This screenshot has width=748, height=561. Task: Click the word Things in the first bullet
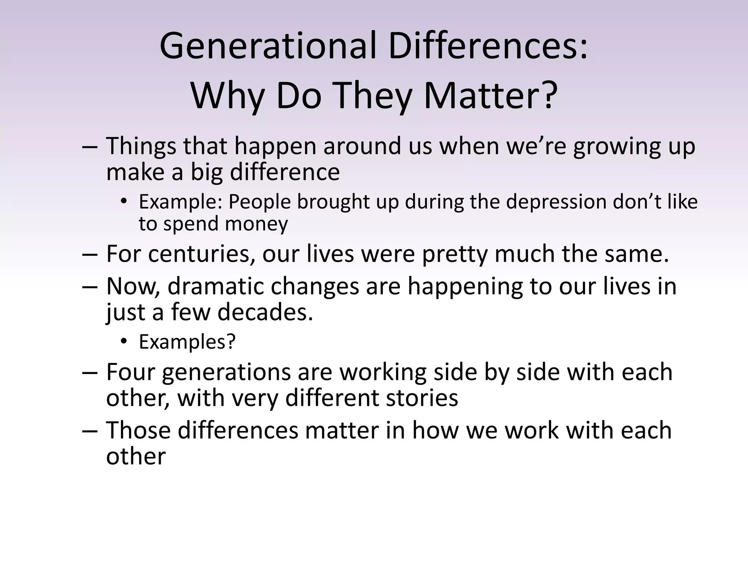(141, 146)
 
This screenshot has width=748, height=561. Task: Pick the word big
(206, 172)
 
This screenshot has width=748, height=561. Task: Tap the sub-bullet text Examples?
(187, 342)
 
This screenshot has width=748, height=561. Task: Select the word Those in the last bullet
(138, 430)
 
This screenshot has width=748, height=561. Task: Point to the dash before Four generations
(90, 373)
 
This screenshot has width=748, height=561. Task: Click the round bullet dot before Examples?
(124, 342)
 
